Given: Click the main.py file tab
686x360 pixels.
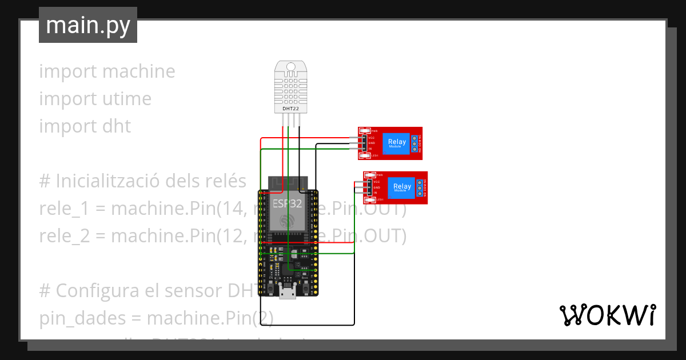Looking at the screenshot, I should (x=88, y=26).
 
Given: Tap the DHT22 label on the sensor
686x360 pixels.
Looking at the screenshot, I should (x=291, y=108).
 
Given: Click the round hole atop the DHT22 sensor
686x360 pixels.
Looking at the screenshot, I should (x=291, y=67).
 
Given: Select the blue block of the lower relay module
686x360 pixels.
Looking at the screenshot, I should (x=402, y=187).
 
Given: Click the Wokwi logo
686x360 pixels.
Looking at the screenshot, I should (x=607, y=315).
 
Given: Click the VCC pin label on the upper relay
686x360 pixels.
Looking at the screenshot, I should (x=371, y=138).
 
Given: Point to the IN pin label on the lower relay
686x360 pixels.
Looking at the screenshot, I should (x=375, y=193).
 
